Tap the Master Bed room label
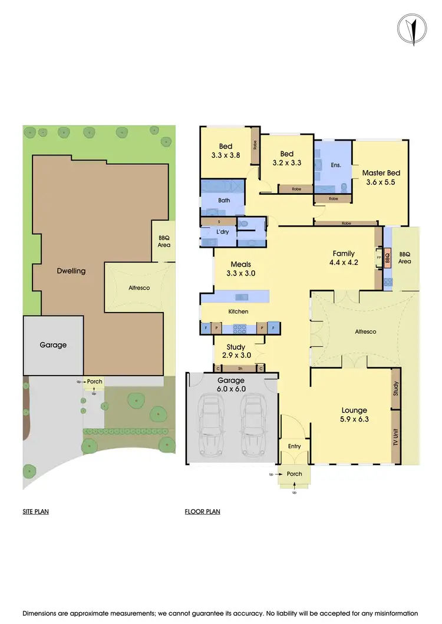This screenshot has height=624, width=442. tap(381, 177)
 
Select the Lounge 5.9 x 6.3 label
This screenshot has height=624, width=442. tap(354, 415)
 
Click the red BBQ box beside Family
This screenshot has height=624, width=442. tap(387, 257)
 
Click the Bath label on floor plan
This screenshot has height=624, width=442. tap(224, 201)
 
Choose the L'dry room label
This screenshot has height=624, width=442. tap(222, 233)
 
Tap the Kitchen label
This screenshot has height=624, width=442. tap(238, 311)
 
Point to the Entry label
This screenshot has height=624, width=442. tap(294, 446)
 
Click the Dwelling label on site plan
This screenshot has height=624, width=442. tap(71, 271)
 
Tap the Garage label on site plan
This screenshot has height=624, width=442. tap(52, 345)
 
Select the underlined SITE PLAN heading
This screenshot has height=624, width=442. tap(35, 512)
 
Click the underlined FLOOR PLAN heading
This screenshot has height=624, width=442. tap(202, 512)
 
